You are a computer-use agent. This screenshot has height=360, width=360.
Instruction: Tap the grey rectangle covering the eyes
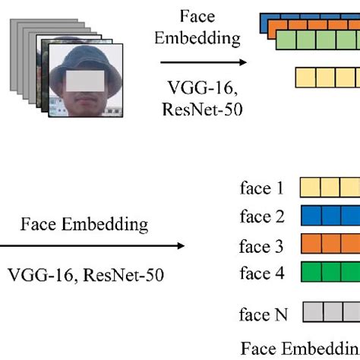[86, 79]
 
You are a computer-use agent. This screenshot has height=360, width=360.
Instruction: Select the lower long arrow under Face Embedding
[91, 245]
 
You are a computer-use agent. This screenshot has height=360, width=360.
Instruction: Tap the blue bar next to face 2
[330, 217]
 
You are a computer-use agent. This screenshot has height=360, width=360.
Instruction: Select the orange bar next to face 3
[330, 245]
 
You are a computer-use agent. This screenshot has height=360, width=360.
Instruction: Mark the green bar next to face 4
[330, 273]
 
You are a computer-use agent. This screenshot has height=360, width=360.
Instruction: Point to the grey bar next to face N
[331, 311]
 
